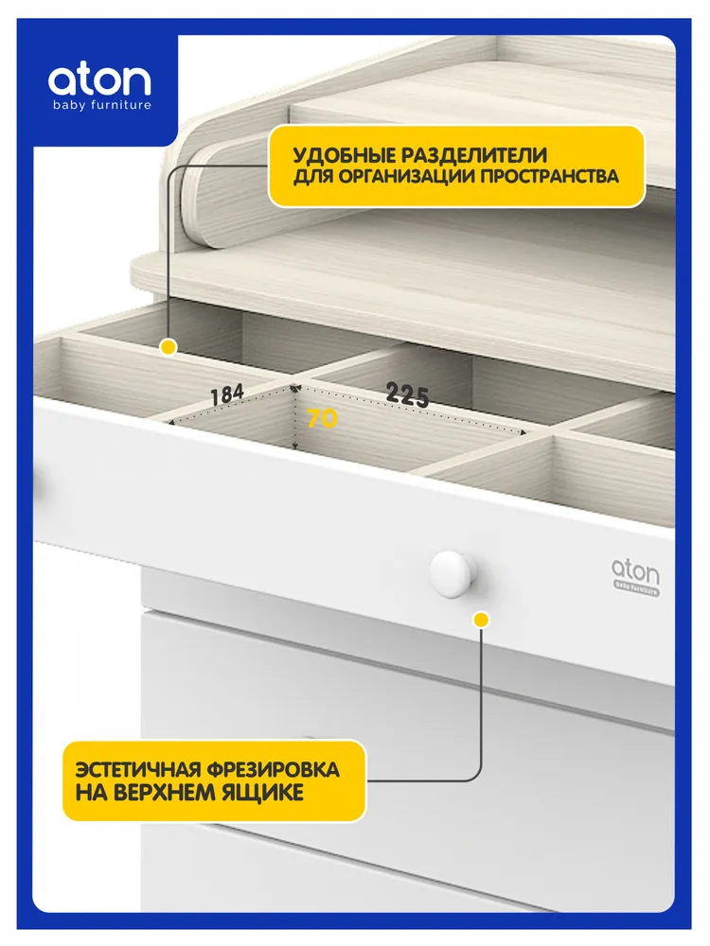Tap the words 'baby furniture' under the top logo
pyautogui.click(x=102, y=106)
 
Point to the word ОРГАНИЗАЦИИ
pyautogui.click(x=407, y=177)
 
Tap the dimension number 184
pyautogui.click(x=227, y=395)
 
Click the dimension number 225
pyautogui.click(x=407, y=394)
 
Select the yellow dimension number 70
pyautogui.click(x=322, y=419)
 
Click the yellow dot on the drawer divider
pyautogui.click(x=169, y=347)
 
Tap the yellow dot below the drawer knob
pyautogui.click(x=481, y=620)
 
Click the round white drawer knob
pyautogui.click(x=453, y=573)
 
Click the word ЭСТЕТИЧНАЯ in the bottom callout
pyautogui.click(x=138, y=770)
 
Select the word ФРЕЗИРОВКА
pyautogui.click(x=273, y=770)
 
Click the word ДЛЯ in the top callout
pyautogui.click(x=312, y=177)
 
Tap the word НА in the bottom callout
pyautogui.click(x=92, y=792)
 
